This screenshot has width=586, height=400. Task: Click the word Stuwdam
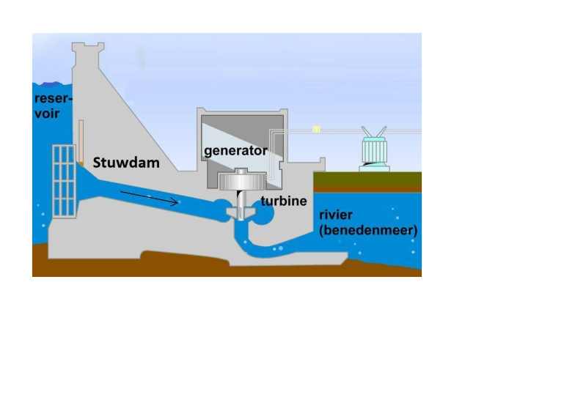pos(125,163)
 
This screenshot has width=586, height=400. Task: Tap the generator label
pos(235,152)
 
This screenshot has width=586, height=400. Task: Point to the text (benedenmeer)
pos(368,230)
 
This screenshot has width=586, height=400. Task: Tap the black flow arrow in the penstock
pos(150,197)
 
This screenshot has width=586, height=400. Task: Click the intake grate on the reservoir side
pos(64,179)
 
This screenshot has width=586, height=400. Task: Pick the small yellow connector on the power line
pos(317,130)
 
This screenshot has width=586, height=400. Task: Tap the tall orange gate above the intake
pos(81,139)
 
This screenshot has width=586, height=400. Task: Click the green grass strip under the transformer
pos(367,178)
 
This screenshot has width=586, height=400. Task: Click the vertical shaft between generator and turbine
pos(239,199)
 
